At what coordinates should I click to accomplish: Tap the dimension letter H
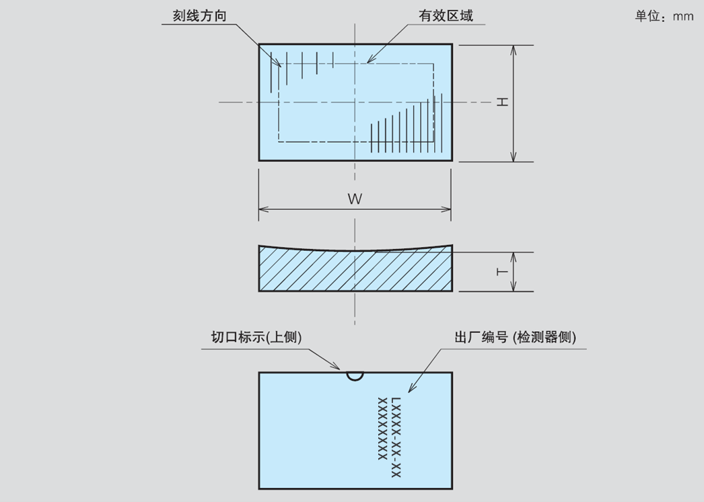tap(502, 102)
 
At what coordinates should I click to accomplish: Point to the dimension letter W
tap(354, 199)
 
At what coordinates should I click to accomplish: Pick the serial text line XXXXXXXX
tap(382, 428)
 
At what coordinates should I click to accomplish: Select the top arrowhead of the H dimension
tap(514, 49)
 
